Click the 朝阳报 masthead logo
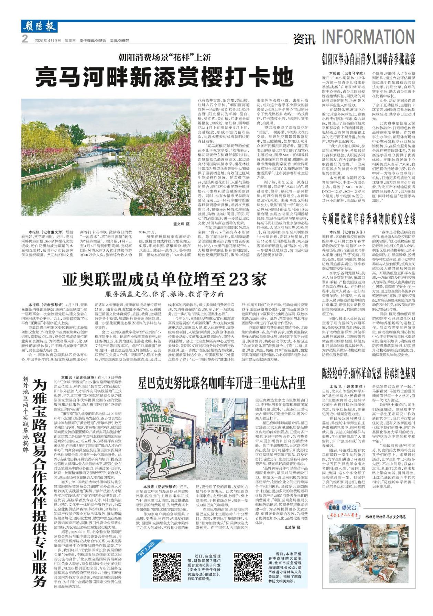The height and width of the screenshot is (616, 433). click(39, 26)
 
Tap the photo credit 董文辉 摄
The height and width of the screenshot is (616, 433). click(182, 224)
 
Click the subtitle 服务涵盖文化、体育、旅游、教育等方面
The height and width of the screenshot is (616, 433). click(164, 294)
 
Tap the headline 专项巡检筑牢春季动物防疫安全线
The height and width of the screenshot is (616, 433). click(368, 219)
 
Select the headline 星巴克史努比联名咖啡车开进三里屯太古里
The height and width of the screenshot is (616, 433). click(221, 383)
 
